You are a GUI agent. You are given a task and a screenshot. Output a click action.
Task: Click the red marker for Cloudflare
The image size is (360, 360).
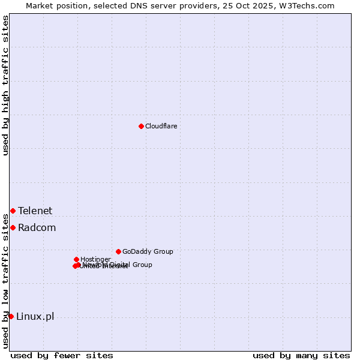pos(141,126)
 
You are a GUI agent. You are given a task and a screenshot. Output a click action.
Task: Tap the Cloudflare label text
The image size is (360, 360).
pos(161,126)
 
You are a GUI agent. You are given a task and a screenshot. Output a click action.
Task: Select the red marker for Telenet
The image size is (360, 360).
pos(13,211)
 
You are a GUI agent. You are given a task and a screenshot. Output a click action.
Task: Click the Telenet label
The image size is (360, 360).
pos(35,211)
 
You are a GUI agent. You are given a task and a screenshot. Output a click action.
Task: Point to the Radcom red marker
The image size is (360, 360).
pos(13,227)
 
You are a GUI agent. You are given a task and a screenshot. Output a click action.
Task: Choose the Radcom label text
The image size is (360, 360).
pos(37,227)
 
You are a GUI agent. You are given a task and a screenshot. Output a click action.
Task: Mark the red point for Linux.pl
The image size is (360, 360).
pos(11,316)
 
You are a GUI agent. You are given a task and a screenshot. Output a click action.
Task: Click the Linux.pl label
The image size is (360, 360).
pos(35,316)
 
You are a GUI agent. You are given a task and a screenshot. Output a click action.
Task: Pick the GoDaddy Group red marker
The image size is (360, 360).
pos(118,251)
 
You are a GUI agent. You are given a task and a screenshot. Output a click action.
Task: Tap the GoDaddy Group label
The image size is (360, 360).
pos(148,251)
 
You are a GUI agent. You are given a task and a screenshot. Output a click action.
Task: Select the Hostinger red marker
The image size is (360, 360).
pos(76,259)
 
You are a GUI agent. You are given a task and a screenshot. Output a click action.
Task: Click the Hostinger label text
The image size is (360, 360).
pos(95,259)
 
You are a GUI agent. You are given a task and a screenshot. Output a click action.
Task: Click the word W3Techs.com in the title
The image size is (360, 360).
pos(310,5)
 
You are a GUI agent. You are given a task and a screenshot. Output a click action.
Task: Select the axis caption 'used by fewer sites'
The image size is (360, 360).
pos(62,355)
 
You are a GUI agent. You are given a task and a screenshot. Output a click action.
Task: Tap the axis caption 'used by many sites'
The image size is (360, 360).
pos(301,355)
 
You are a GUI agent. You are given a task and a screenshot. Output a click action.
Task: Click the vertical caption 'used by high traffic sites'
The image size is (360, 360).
pos(5,86)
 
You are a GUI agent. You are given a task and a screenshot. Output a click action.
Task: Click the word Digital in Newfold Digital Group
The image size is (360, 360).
pos(120,265)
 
